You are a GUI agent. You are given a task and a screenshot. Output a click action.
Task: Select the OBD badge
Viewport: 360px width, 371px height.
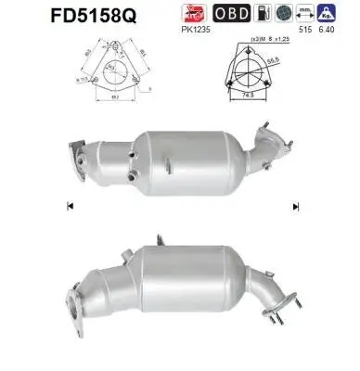pos(232,14)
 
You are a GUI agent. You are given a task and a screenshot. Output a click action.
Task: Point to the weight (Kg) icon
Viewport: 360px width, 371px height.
pos(326,14)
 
